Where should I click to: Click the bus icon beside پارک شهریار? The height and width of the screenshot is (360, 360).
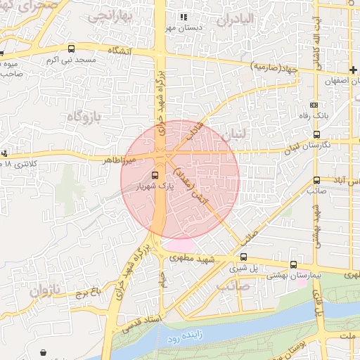point(155,175)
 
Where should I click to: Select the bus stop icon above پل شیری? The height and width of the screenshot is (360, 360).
point(243,257)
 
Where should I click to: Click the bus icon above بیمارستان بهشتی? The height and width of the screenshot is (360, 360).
point(293,265)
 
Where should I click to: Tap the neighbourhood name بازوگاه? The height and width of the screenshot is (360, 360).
point(90,114)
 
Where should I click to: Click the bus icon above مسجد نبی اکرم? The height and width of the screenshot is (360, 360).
point(71,49)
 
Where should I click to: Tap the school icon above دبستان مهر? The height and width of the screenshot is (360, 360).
point(184,17)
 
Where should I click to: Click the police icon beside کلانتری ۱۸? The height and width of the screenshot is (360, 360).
point(4,153)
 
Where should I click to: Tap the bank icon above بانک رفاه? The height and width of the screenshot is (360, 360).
point(314,104)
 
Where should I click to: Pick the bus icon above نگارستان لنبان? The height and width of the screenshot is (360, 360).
point(316,134)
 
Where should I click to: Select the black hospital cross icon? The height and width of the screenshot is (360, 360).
point(353,70)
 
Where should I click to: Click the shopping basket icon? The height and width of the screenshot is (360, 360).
point(45,352)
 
